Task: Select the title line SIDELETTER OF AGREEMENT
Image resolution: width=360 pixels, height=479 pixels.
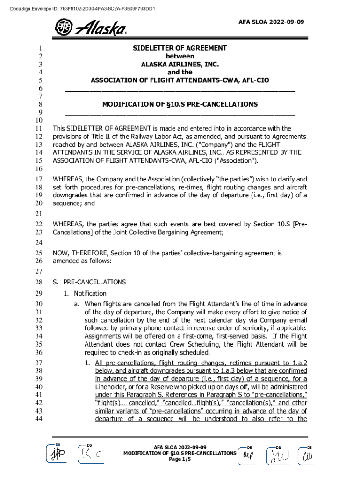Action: coord(180,48)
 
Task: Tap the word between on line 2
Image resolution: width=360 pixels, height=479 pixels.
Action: coord(180,56)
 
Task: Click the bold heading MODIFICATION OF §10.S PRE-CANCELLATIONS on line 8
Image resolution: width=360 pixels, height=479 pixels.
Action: coord(180,104)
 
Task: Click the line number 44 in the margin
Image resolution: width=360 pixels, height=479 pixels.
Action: coord(39,419)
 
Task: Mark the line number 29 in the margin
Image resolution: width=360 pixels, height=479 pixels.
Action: coord(39,294)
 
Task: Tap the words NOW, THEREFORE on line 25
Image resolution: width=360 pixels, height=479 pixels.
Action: coord(78,253)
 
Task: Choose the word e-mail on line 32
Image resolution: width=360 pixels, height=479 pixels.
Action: coord(296,320)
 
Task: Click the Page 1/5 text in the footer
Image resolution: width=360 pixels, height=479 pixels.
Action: coord(180,459)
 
